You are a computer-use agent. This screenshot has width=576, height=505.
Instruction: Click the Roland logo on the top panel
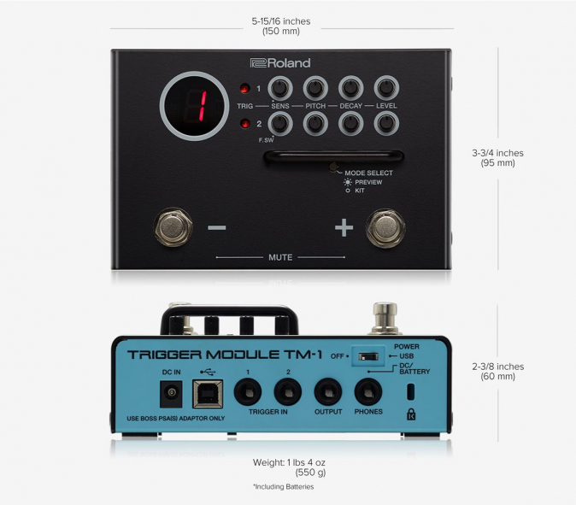pos(280,63)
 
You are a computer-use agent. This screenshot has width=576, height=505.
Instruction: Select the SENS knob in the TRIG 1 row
pos(280,88)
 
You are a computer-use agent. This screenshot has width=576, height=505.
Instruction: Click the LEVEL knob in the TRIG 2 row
pos(386,123)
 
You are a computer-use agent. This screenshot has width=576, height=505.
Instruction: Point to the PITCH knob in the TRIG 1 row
pos(315,88)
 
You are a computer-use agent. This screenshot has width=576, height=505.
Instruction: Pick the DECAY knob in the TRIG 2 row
pos(351,123)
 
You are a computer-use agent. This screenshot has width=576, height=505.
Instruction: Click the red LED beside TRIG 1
pos(244,89)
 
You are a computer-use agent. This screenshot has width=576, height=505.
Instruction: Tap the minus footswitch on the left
pos(173,227)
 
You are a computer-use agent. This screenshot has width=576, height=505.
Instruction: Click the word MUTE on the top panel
pos(280,257)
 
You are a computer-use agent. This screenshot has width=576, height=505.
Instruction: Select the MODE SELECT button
pos(333,167)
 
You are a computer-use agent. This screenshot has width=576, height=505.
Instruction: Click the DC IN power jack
pos(171,394)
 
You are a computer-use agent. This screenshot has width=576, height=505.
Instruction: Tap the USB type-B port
pos(208,394)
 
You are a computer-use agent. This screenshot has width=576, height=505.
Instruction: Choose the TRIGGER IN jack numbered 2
pos(288,392)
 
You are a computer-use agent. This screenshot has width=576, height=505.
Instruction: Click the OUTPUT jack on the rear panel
pos(328,392)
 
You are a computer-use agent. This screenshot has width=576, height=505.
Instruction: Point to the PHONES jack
pos(368,392)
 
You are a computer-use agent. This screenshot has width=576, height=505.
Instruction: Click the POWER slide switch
pos(368,356)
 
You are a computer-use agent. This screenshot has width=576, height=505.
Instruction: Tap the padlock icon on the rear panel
pos(411,414)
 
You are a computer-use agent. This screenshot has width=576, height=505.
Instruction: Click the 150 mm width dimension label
pos(281,32)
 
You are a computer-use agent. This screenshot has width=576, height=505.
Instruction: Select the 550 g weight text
pos(310,473)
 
